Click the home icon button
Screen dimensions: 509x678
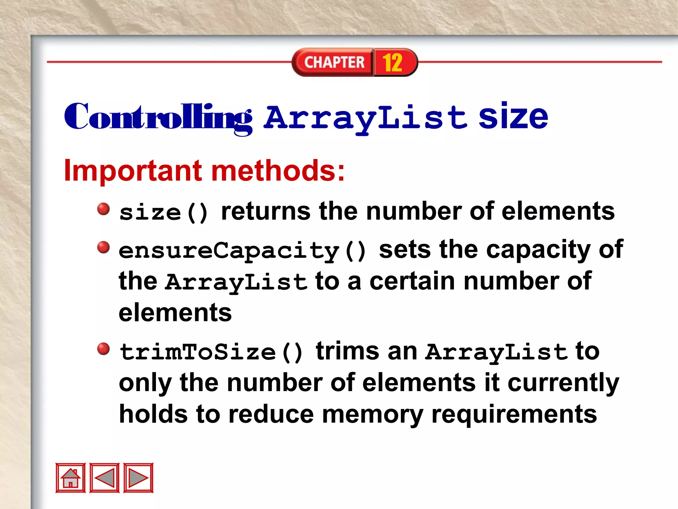71,478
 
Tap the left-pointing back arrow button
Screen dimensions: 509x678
105,478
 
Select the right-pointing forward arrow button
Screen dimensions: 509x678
138,478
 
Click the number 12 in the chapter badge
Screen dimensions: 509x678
393,62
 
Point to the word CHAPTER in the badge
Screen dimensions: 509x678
334,62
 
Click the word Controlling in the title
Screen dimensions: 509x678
158,118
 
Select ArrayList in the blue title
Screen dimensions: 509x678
366,118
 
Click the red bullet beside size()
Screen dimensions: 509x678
104,209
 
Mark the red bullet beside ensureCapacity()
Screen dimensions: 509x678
104,247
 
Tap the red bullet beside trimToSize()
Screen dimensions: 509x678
104,349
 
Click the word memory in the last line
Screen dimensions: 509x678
372,415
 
